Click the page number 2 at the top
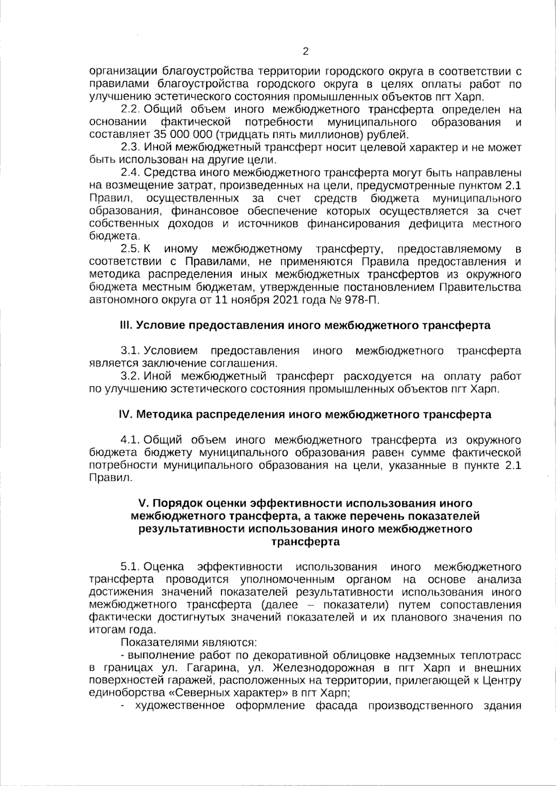305,51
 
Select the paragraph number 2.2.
130,110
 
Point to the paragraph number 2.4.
130,173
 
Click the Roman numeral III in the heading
126,325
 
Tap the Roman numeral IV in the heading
126,414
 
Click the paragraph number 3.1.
130,351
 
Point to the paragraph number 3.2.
130,376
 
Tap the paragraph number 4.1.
130,440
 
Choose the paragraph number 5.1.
130,567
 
